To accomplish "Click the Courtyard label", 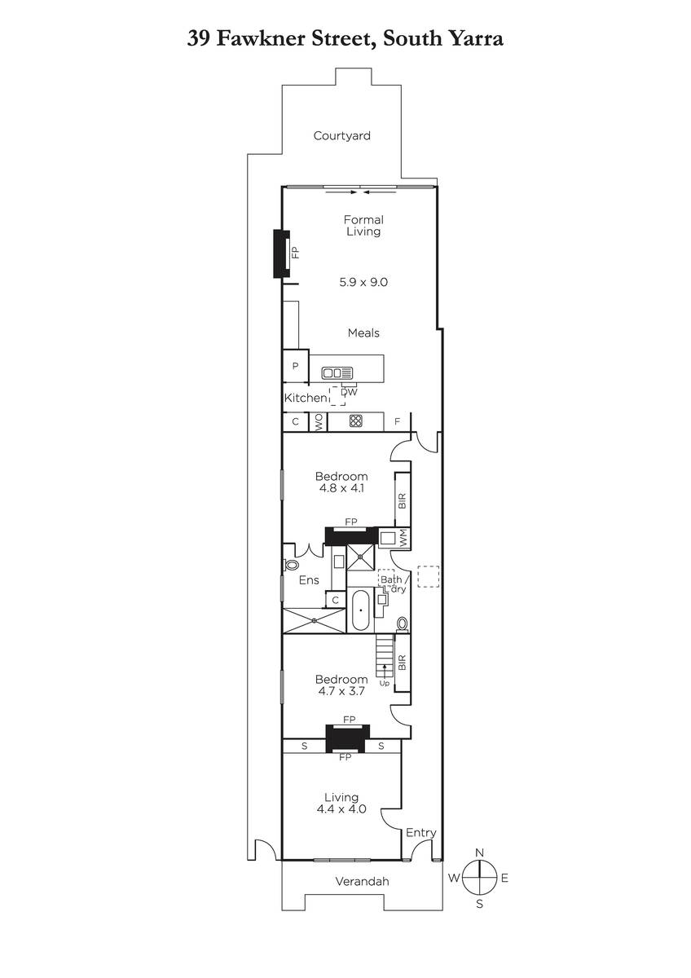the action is coord(341,136).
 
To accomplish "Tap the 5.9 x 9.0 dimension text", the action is coord(363,282).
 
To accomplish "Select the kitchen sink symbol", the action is coord(337,373).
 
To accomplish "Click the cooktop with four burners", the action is coord(356,421).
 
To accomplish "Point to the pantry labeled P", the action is coord(296,366).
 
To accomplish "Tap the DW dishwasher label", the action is coord(350,392).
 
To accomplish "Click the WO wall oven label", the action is coord(319,422).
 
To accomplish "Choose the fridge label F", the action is coord(397,421).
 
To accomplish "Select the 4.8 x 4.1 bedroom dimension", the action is coord(341,487).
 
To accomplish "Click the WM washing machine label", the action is coord(403,537).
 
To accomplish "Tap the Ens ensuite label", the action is coord(309,579).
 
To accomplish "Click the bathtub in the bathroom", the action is coord(360,610).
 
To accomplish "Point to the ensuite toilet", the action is coord(289,565).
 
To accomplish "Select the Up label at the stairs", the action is coord(384,683).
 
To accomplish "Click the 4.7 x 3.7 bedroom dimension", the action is coord(341,691).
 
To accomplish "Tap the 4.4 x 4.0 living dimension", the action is coord(341,808).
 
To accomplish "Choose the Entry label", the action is coord(420,833).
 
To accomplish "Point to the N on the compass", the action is coord(479,852).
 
